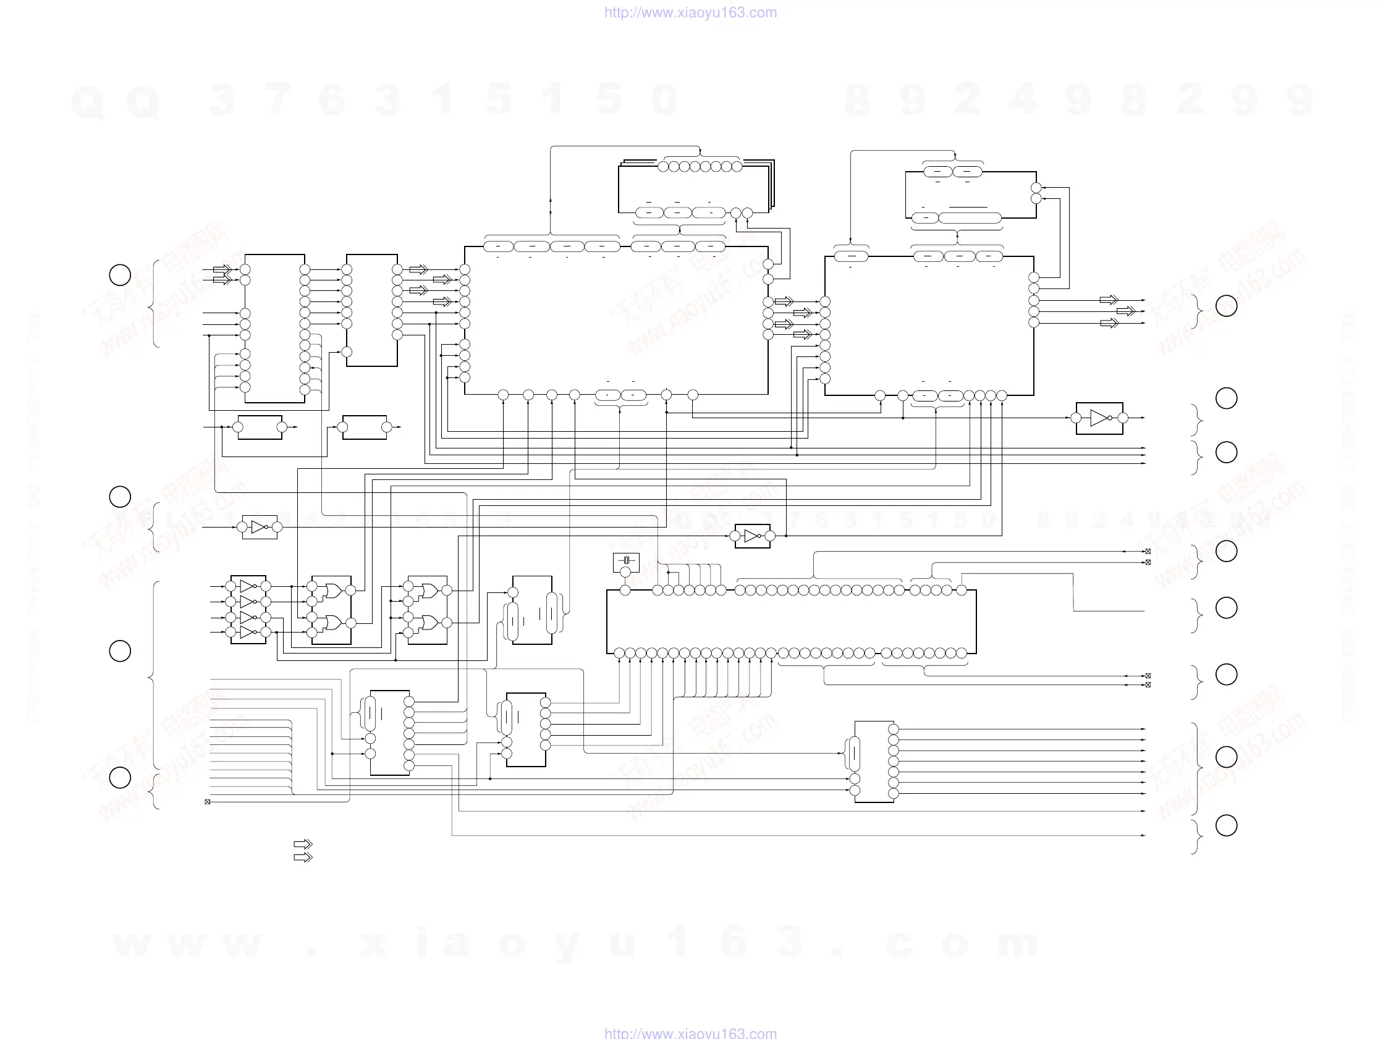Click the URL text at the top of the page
tap(690, 12)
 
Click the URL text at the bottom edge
tap(690, 1033)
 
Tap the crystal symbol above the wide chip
tap(626, 562)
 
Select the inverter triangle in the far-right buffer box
tap(1099, 418)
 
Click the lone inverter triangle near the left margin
tap(259, 528)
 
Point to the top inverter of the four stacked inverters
tap(248, 586)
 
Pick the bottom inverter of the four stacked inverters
tap(248, 633)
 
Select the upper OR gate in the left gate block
tap(332, 590)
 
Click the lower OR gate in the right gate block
tap(429, 623)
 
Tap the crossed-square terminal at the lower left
tap(208, 801)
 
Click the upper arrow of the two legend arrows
tap(303, 844)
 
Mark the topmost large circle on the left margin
tap(120, 275)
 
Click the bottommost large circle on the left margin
tap(120, 778)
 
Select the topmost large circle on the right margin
tap(1226, 306)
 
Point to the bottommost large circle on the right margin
tap(1226, 825)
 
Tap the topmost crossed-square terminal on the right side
tap(1148, 552)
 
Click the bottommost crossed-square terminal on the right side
tap(1148, 685)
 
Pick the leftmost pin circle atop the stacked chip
tap(662, 166)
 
